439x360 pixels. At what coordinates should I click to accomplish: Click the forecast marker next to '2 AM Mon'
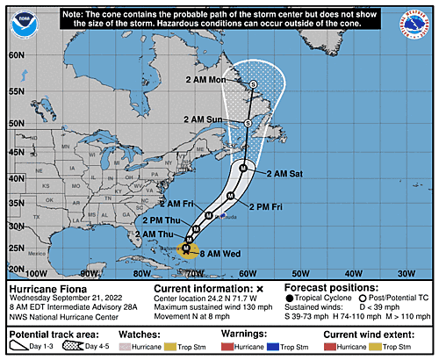[253, 84]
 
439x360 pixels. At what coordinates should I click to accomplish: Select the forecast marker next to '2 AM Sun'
[248, 123]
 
